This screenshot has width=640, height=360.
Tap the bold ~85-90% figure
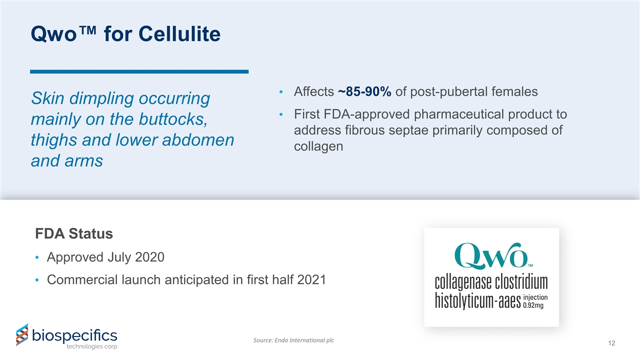pos(364,91)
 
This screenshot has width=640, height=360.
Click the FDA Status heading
pos(74,233)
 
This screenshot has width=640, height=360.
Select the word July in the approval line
pos(120,257)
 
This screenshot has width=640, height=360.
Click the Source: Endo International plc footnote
pos(294,340)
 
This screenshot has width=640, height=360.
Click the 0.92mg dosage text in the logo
pos(533,306)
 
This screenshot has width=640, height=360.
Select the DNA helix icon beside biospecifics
pos(22,334)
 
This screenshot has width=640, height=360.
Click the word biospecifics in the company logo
pos(74,334)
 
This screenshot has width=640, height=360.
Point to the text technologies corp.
pos(92,347)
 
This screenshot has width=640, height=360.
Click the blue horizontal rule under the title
pos(139,72)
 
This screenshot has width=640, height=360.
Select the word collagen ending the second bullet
pos(318,146)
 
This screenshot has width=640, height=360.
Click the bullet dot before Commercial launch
pos(38,280)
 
